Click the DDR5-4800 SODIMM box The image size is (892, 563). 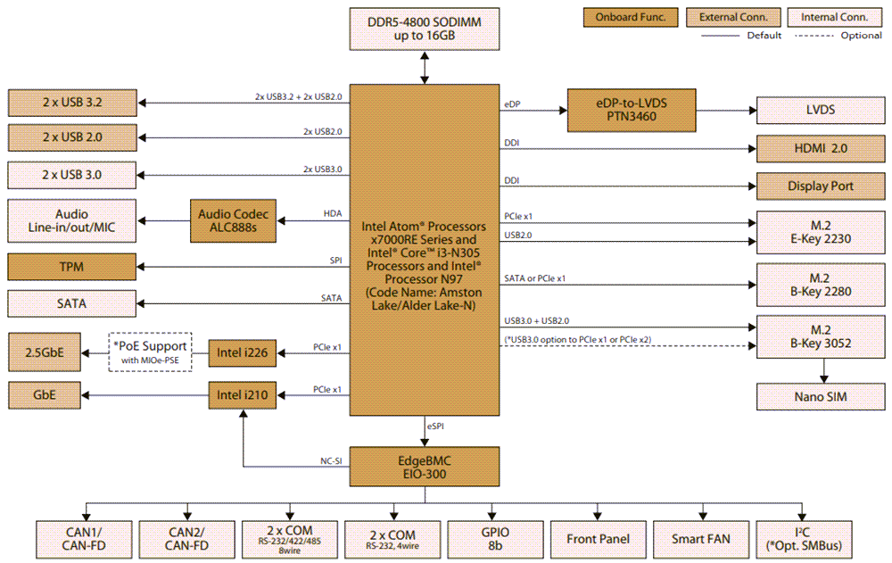[425, 28]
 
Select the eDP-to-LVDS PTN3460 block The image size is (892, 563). [631, 110]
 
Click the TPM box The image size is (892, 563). [72, 267]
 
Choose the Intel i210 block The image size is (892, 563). [243, 394]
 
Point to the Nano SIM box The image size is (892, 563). [821, 396]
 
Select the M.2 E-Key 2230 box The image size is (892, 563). [821, 233]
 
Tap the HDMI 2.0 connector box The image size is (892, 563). [821, 147]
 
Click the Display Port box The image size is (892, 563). [821, 186]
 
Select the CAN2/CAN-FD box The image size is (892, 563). [188, 539]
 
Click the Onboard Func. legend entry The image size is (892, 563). [631, 17]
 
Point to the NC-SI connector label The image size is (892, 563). [332, 460]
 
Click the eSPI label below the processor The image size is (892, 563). [436, 427]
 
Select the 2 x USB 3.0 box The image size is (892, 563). [72, 173]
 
